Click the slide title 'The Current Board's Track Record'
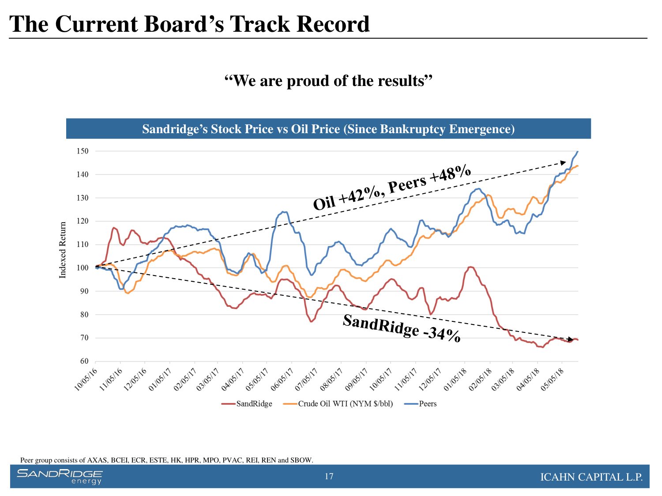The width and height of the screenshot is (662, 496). (x=189, y=24)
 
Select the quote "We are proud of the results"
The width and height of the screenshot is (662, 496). (x=328, y=81)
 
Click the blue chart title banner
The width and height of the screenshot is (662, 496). (x=328, y=129)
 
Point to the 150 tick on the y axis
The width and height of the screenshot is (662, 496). (x=83, y=151)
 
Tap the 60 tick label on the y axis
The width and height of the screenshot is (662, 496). (x=84, y=362)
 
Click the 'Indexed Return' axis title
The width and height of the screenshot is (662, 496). (x=63, y=250)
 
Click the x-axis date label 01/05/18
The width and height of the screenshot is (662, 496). (x=455, y=379)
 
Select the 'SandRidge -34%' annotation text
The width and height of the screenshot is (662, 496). (x=402, y=328)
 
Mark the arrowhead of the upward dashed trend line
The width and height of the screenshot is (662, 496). (x=563, y=162)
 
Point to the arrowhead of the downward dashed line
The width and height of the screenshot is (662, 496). (x=570, y=339)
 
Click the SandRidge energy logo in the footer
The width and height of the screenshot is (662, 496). (x=60, y=477)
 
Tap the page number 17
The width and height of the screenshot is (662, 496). (x=329, y=476)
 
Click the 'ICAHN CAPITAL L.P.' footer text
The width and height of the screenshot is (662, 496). (x=591, y=477)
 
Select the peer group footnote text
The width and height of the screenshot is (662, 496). (x=167, y=460)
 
